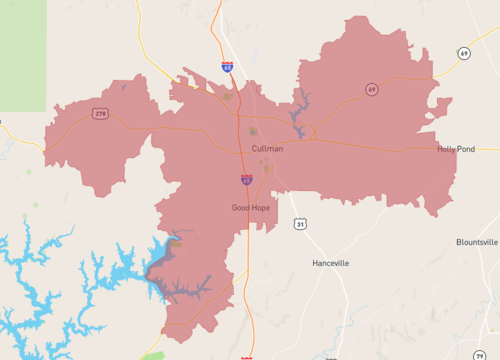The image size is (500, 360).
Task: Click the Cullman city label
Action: pyautogui.click(x=267, y=148)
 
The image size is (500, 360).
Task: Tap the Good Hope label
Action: pyautogui.click(x=250, y=208)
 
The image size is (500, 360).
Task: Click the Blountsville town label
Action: pyautogui.click(x=477, y=242)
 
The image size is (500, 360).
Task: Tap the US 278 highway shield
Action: pyautogui.click(x=101, y=114)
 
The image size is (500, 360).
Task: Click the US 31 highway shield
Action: pyautogui.click(x=299, y=225)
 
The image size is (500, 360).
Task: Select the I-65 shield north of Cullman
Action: pyautogui.click(x=228, y=67)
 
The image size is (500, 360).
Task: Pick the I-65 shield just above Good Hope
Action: pyautogui.click(x=246, y=180)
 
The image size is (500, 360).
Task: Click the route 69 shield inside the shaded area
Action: pyautogui.click(x=371, y=90)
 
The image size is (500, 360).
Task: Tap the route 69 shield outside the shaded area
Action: pyautogui.click(x=464, y=53)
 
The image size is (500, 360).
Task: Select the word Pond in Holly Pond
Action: pyautogui.click(x=468, y=149)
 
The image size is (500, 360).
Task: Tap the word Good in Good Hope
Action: pyautogui.click(x=240, y=208)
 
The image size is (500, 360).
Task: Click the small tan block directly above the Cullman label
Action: pyautogui.click(x=252, y=131)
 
